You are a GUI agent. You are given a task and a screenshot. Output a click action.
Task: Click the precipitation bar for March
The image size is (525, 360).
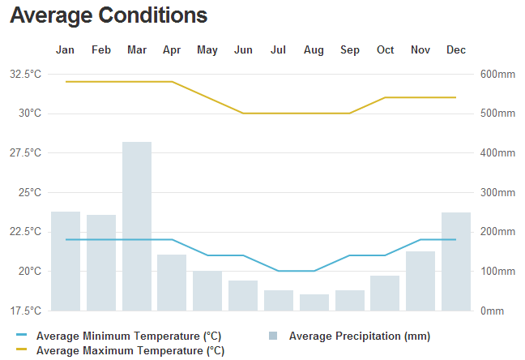click(x=137, y=226)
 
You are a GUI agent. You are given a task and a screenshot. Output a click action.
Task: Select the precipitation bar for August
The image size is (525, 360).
click(x=314, y=302)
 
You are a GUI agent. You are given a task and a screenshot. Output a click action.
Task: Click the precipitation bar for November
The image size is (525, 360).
click(x=420, y=281)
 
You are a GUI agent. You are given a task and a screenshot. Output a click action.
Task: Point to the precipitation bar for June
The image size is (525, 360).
click(x=243, y=295)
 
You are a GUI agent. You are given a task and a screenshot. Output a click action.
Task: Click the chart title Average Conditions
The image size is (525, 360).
click(x=109, y=15)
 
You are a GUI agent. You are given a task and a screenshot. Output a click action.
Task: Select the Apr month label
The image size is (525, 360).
click(x=172, y=50)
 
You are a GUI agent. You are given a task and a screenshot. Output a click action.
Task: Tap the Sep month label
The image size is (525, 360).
click(x=350, y=50)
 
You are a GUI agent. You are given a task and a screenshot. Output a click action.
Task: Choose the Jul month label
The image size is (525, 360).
click(x=279, y=50)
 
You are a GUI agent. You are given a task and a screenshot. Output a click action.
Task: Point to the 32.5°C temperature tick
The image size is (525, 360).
click(x=25, y=74)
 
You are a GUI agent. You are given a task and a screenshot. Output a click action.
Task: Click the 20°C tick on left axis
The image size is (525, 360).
click(x=31, y=271)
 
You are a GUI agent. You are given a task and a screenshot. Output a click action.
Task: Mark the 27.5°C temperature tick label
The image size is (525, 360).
click(x=25, y=152)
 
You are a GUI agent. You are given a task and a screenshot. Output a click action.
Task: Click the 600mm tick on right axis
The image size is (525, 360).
click(x=497, y=74)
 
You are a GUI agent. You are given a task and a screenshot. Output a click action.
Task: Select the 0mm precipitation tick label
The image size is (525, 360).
click(x=493, y=311)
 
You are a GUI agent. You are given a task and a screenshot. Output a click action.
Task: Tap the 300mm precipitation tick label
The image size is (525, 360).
click(x=497, y=192)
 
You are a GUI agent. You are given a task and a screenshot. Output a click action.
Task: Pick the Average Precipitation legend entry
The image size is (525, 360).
click(x=359, y=336)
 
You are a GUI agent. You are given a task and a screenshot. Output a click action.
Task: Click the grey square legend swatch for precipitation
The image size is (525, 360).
click(x=273, y=336)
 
